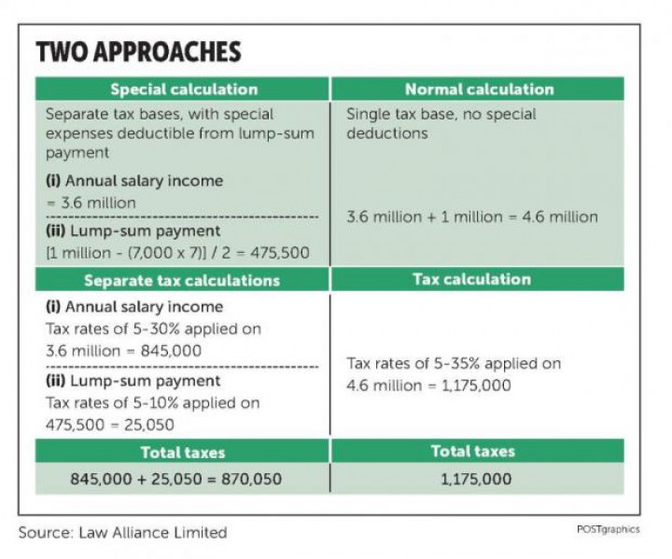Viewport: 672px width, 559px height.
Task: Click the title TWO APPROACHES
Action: click(138, 51)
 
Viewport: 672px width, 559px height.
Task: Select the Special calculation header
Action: click(183, 90)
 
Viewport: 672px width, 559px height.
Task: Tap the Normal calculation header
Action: click(479, 90)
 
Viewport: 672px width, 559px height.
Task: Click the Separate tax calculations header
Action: click(182, 280)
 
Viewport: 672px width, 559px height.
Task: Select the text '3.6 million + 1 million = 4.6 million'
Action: click(472, 217)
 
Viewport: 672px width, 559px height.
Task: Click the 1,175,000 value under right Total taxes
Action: click(475, 479)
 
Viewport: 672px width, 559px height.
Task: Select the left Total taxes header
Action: click(182, 453)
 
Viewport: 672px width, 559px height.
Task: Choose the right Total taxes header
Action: click(472, 452)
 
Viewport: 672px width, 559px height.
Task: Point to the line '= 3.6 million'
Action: click(91, 203)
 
